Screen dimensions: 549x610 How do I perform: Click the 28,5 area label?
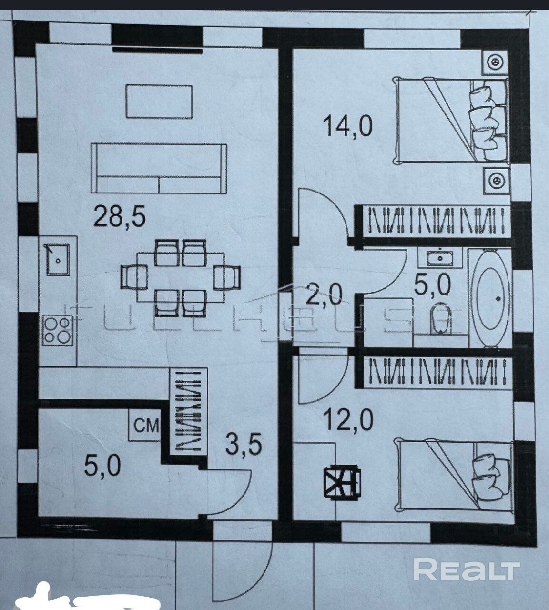[120, 217]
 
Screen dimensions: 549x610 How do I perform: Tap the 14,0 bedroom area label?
[347, 127]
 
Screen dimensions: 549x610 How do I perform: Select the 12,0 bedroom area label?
[348, 420]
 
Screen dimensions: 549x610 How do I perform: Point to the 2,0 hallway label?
[325, 297]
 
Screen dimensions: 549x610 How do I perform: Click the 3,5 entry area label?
[244, 447]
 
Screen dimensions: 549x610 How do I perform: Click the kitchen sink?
[58, 259]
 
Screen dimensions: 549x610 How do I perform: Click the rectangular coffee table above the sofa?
[159, 102]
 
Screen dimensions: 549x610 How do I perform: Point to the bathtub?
[490, 299]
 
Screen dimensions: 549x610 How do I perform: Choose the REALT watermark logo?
[467, 570]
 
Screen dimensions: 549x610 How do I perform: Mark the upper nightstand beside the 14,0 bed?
[496, 62]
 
